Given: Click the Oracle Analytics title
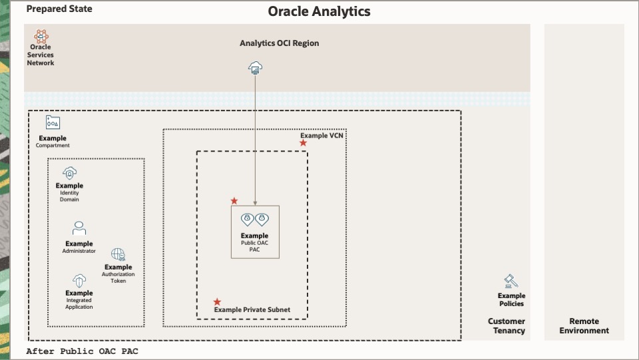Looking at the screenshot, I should click(319, 11).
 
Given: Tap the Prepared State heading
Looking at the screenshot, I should click(59, 9).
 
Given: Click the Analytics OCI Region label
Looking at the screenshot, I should click(279, 43).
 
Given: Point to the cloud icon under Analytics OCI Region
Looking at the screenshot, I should click(255, 67).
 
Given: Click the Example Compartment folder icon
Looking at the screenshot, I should click(53, 122).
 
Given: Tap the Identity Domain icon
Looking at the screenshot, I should click(69, 174).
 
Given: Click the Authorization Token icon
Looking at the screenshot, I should click(118, 254).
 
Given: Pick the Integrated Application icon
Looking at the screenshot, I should click(79, 281).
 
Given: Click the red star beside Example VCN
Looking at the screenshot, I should click(303, 143).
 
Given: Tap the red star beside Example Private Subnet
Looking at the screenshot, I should click(217, 301).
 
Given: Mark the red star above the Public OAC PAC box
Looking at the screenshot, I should click(234, 201).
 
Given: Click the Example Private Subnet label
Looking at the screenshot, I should click(252, 310).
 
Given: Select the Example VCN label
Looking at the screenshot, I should click(321, 136).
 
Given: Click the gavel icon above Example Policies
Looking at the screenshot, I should click(511, 281).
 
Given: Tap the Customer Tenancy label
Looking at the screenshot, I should click(507, 326).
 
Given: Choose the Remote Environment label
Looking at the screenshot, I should click(584, 326).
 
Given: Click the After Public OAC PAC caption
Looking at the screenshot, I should click(82, 351).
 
